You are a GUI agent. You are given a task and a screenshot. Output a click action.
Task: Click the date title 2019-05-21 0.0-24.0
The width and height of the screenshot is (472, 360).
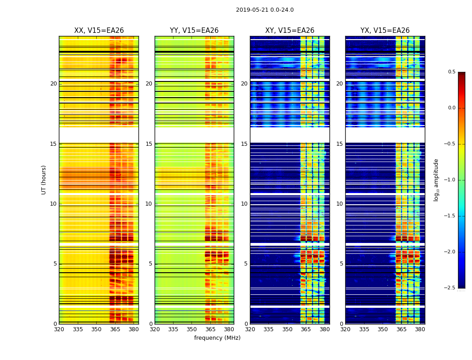[265, 10]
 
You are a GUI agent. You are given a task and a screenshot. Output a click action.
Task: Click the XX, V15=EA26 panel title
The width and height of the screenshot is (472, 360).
[99, 31]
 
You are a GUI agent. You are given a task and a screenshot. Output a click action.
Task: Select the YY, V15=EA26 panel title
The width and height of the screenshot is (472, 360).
[194, 31]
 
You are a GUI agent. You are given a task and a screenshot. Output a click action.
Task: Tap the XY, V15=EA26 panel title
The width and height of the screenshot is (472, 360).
[289, 31]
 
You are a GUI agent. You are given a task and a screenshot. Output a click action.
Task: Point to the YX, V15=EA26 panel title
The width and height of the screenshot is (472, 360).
[385, 31]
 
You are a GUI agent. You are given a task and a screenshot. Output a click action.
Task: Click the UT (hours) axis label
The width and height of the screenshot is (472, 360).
[44, 180]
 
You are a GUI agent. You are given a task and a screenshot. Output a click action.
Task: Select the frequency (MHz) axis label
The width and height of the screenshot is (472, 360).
[217, 338]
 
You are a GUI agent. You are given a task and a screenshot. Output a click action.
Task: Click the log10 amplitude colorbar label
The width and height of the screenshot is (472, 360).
[436, 180]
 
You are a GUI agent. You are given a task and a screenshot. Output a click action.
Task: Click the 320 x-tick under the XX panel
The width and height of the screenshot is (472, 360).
[59, 329]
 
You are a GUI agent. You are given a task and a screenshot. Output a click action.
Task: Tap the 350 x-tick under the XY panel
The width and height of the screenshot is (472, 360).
[287, 329]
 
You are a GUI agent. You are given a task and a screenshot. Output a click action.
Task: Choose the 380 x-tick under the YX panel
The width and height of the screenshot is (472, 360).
[420, 329]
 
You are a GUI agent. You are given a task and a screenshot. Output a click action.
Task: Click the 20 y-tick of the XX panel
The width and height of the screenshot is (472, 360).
[53, 84]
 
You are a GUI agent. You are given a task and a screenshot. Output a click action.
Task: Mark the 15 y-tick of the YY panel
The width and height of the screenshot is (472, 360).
[149, 144]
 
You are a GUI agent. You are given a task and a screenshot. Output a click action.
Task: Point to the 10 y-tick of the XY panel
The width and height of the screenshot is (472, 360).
[244, 204]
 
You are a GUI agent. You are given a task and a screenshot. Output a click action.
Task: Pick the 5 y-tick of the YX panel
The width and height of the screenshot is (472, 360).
[341, 264]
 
